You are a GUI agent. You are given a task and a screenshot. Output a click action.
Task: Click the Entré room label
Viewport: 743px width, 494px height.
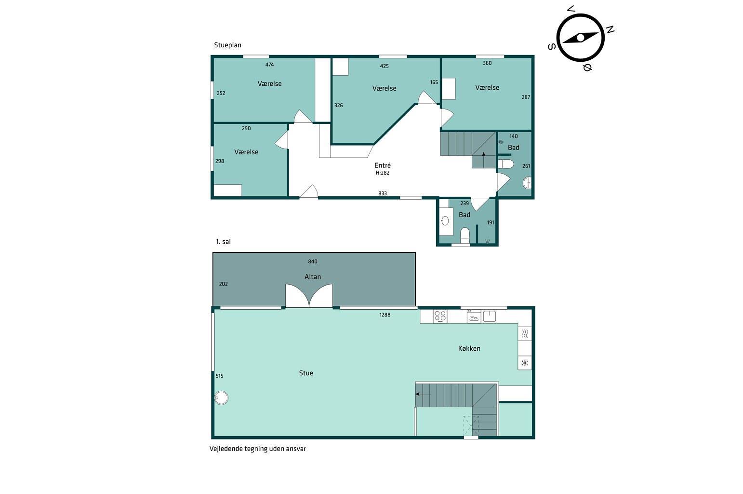pyautogui.click(x=383, y=165)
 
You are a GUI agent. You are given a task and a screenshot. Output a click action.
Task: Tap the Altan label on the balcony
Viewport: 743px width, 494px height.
pyautogui.click(x=312, y=276)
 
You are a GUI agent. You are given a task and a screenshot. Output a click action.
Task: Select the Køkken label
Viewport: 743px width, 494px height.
pyautogui.click(x=469, y=348)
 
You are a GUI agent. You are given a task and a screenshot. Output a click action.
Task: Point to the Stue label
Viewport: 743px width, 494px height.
pyautogui.click(x=306, y=373)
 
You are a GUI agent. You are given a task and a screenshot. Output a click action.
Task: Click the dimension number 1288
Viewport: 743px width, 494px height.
pyautogui.click(x=385, y=315)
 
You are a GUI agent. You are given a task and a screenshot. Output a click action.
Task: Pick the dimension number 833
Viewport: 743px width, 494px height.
pyautogui.click(x=383, y=193)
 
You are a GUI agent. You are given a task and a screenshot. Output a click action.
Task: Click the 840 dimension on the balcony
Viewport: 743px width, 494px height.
pyautogui.click(x=312, y=261)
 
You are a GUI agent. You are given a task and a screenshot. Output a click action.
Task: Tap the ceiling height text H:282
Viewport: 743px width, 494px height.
pyautogui.click(x=383, y=173)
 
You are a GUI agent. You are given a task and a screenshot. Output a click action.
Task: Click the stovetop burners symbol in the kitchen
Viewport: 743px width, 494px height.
pyautogui.click(x=440, y=316)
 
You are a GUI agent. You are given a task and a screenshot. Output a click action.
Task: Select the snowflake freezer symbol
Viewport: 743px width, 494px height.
pyautogui.click(x=525, y=363)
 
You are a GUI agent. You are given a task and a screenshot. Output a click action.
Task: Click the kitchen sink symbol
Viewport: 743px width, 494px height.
pyautogui.click(x=489, y=316)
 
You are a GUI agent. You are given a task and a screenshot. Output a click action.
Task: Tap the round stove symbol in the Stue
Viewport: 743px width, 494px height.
pyautogui.click(x=221, y=398)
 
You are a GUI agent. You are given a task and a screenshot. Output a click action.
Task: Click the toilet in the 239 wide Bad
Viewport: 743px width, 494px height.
pyautogui.click(x=465, y=234)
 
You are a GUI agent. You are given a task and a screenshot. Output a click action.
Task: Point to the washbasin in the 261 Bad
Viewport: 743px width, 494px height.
pyautogui.click(x=527, y=183)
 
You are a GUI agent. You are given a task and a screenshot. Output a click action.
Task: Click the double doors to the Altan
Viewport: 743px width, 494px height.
pyautogui.click(x=309, y=295)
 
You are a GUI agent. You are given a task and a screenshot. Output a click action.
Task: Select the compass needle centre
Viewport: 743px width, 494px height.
pyautogui.click(x=581, y=38)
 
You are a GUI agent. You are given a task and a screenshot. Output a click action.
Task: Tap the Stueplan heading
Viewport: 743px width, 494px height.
pyautogui.click(x=227, y=45)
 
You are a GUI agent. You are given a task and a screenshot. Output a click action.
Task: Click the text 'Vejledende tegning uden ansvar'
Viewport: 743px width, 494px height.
pyautogui.click(x=257, y=449)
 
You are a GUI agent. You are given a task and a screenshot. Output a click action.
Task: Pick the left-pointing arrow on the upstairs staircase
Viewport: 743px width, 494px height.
pyautogui.click(x=423, y=394)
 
